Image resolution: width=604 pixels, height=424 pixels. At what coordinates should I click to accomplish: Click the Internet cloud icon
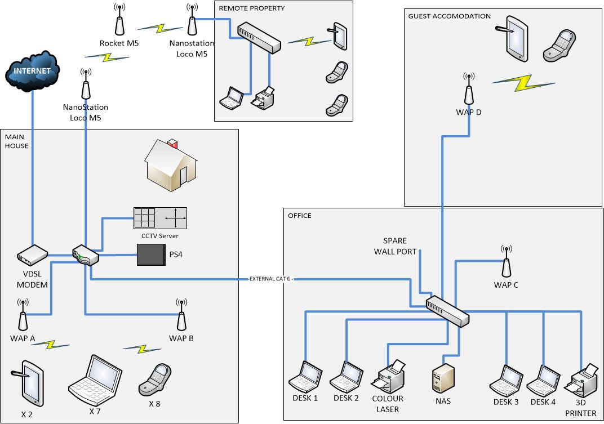point(33,72)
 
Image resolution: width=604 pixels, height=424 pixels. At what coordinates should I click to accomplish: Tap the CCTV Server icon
point(160,219)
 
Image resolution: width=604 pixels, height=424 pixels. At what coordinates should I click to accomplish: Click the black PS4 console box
point(152,255)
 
